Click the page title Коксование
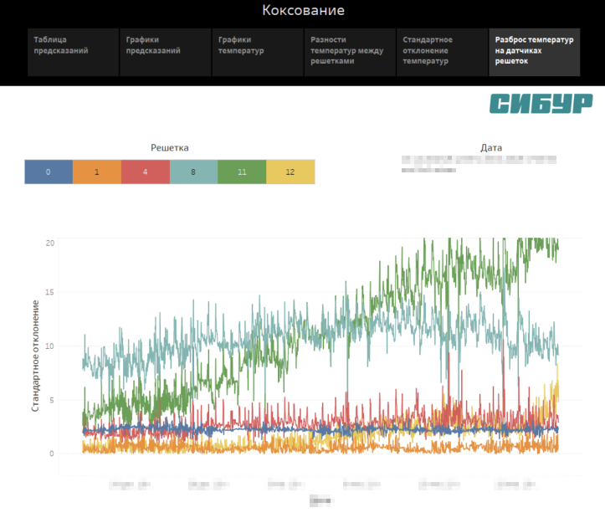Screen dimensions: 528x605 click(x=303, y=11)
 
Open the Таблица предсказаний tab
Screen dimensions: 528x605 click(x=73, y=52)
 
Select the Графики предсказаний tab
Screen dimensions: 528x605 click(x=165, y=52)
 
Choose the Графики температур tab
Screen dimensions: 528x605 click(x=257, y=52)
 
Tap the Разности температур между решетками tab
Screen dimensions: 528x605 click(x=349, y=52)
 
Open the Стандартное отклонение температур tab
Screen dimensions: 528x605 click(x=441, y=52)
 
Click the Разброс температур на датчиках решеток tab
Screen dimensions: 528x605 click(x=534, y=52)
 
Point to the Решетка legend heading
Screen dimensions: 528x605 click(x=169, y=147)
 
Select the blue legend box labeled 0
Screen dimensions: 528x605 click(x=49, y=172)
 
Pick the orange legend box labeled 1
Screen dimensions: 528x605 click(x=97, y=172)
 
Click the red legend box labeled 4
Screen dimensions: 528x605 click(x=146, y=172)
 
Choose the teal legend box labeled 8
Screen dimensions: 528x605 click(x=193, y=172)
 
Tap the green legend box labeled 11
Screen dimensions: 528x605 click(x=242, y=172)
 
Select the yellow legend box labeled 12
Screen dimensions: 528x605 click(x=290, y=172)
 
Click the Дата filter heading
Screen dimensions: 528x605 click(x=491, y=147)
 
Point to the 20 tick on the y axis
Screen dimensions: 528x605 click(x=50, y=243)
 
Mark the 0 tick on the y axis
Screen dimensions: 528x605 click(x=52, y=454)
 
